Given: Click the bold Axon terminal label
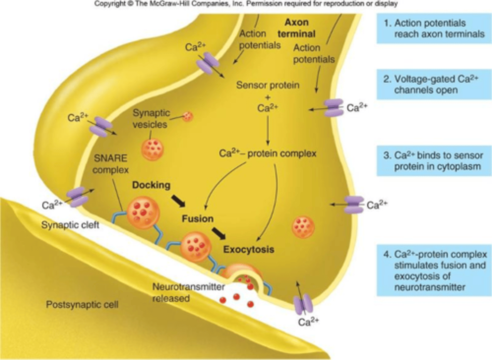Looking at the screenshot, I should (296, 28).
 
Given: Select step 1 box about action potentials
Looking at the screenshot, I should (434, 28).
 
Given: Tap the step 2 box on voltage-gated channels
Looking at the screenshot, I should (434, 84).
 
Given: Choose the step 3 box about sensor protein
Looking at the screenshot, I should (434, 161).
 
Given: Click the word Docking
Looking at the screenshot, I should (151, 185).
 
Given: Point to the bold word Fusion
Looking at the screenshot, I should (197, 219).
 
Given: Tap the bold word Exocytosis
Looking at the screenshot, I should (248, 249).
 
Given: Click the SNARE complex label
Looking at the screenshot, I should (110, 164).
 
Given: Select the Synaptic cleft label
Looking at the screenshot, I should (70, 225).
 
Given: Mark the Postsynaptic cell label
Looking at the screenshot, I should (82, 304).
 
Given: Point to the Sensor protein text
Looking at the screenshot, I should (268, 85).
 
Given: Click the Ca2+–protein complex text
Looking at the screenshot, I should (268, 154).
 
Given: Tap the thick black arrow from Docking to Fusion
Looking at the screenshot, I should (178, 201).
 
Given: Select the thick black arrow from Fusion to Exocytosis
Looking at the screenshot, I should (219, 233).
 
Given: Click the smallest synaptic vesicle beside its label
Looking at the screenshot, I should (187, 117).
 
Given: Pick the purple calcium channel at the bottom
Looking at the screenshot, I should (303, 304).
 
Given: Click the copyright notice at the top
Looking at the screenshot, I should (246, 4).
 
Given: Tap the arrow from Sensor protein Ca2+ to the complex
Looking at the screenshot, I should (268, 130).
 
